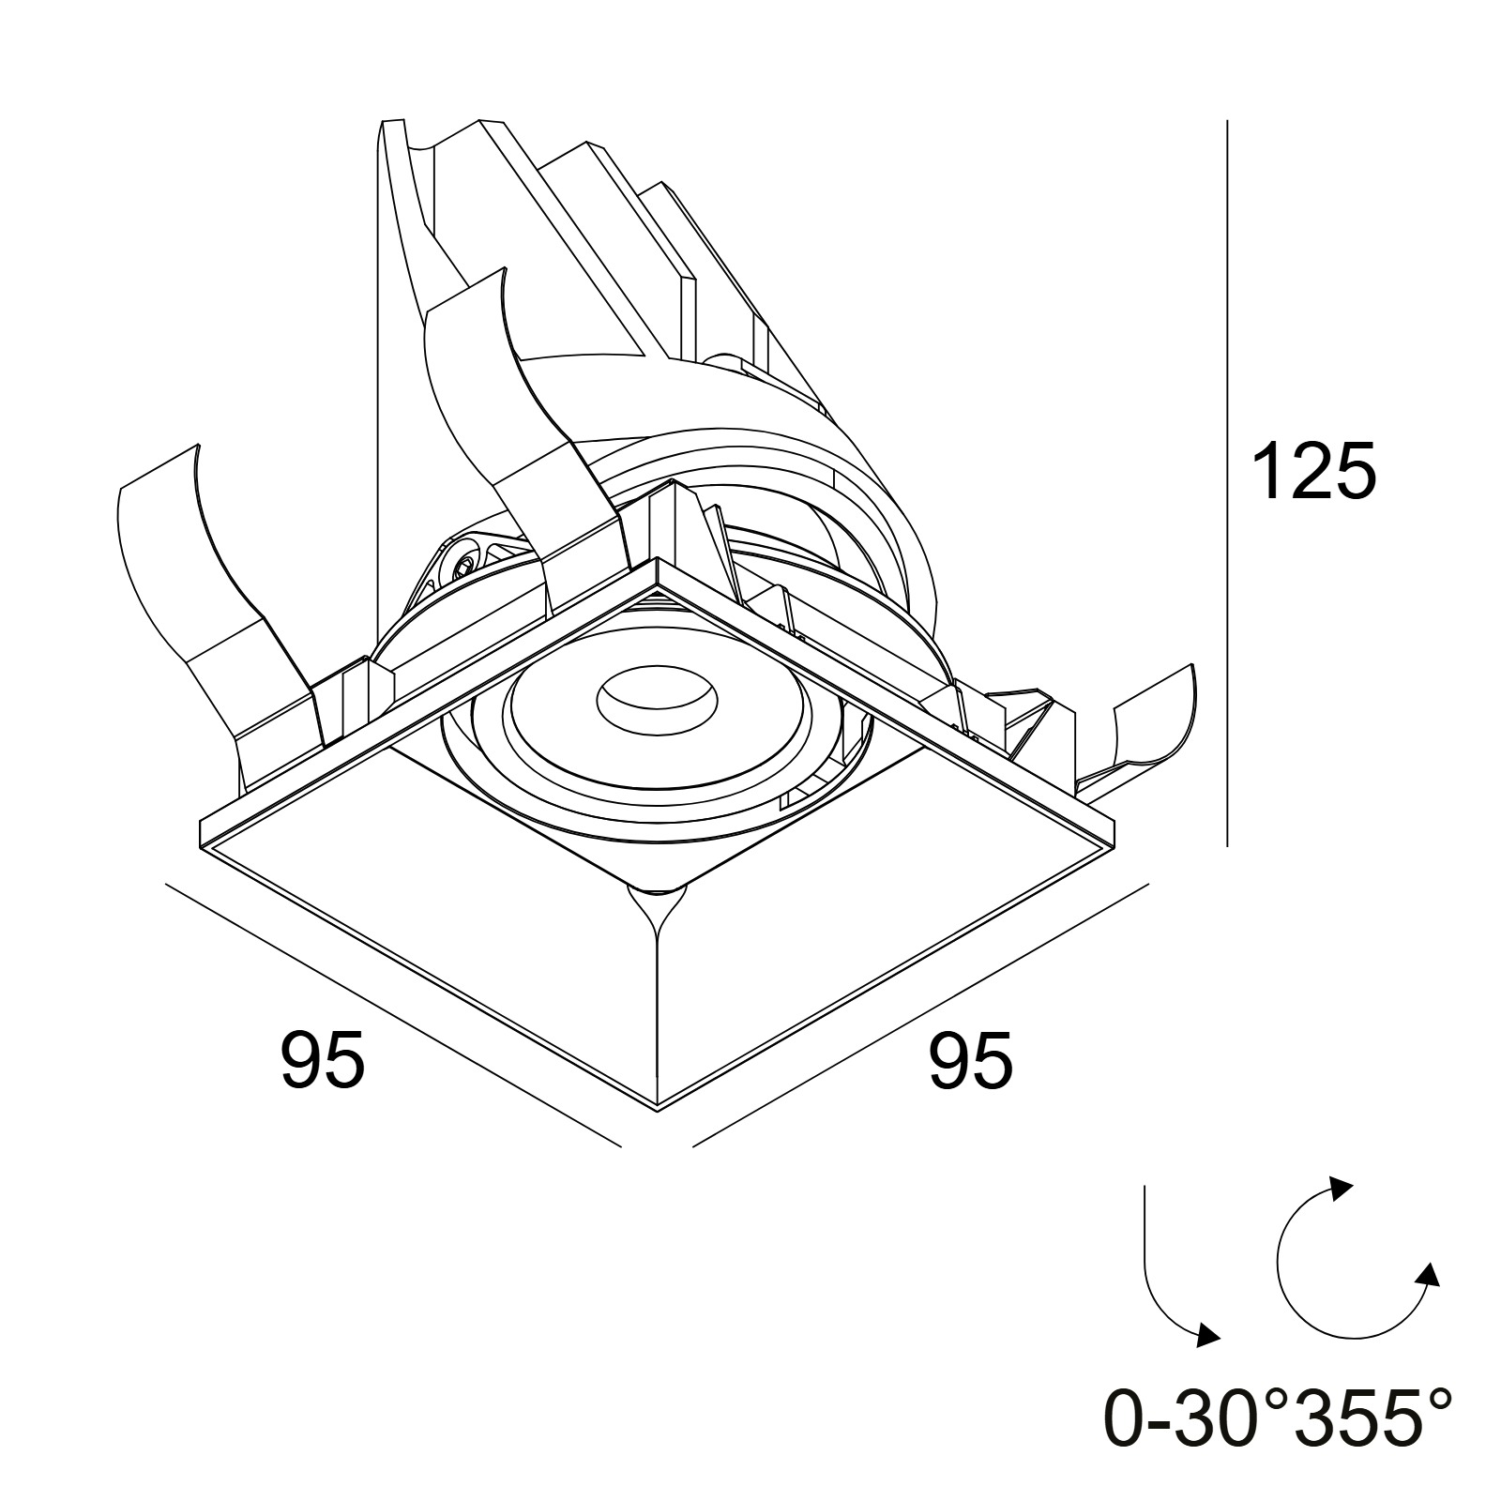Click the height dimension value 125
click(x=1313, y=472)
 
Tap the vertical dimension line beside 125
click(x=1227, y=483)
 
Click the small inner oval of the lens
click(x=659, y=699)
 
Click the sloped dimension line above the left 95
click(x=393, y=1014)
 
